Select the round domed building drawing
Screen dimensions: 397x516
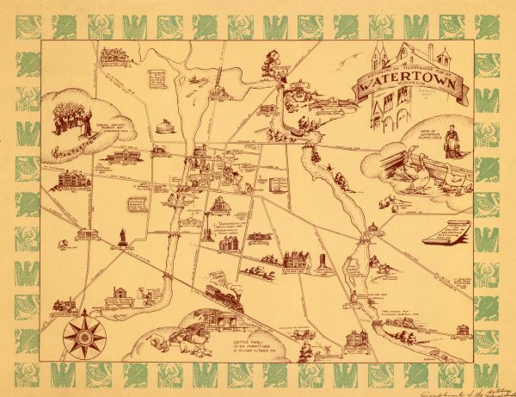click(159, 127)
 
